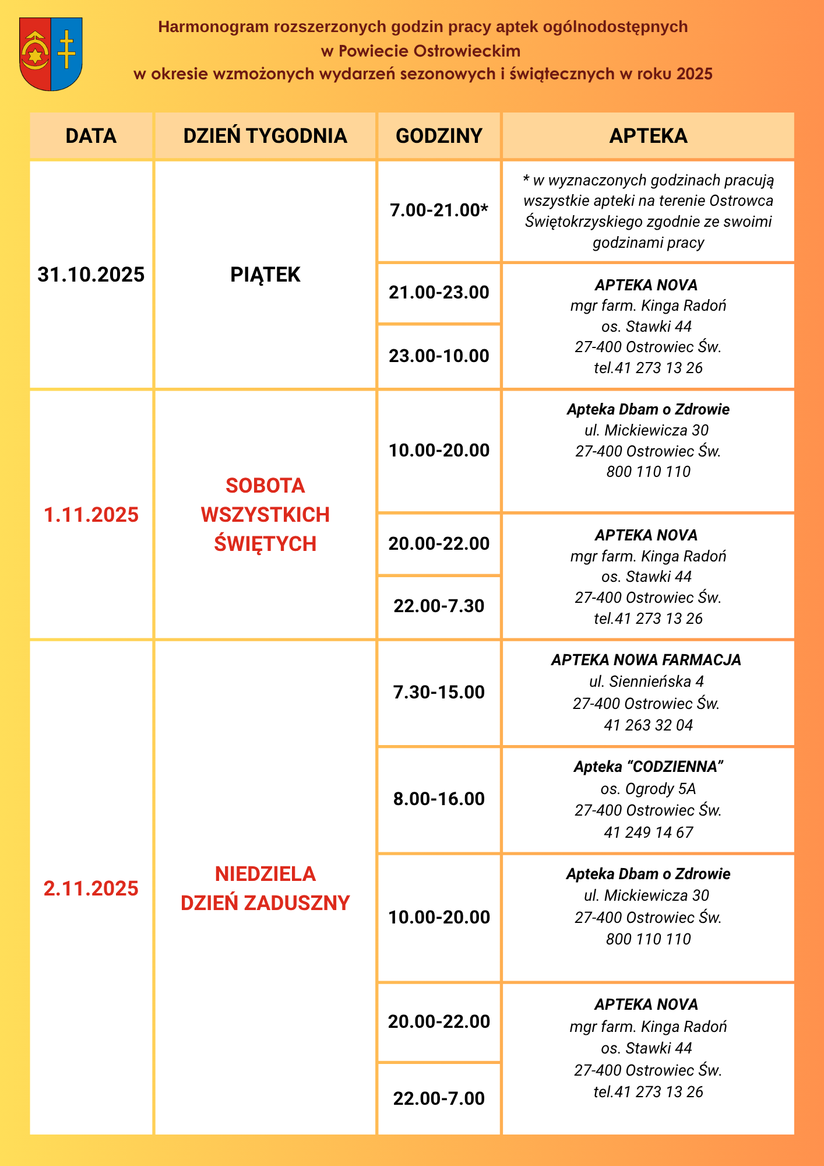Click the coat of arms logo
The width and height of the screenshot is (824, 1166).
51,54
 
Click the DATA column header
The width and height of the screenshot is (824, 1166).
91,136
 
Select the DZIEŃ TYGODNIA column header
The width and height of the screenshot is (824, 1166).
265,136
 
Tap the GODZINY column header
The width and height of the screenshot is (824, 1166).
439,136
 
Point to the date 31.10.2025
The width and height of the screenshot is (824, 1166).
91,275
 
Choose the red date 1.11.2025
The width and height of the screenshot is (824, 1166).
91,515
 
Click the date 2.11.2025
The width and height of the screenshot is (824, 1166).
91,888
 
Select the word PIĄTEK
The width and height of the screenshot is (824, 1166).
265,275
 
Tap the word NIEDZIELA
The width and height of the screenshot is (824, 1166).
265,874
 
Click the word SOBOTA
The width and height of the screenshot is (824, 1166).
265,486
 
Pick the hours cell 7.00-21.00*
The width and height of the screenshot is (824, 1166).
439,210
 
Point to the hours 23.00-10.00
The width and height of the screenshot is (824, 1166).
439,356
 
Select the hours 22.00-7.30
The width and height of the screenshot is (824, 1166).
439,606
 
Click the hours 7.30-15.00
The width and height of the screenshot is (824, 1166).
439,692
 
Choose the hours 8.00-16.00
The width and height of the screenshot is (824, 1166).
439,799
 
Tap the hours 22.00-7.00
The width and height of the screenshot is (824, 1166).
439,1098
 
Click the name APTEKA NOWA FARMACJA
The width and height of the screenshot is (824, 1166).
646,660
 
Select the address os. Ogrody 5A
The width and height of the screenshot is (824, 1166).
648,789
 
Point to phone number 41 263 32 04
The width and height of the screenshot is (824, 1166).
648,725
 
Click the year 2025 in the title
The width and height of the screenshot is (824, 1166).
695,74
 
